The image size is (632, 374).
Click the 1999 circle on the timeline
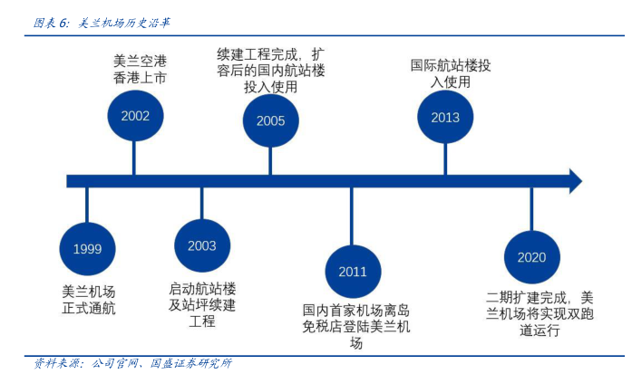[88, 248]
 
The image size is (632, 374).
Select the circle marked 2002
[135, 115]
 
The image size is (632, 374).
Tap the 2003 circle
[202, 245]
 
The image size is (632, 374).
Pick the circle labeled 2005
[270, 120]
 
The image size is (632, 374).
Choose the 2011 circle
[353, 271]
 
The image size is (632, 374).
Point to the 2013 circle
[445, 117]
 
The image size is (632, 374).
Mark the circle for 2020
[531, 256]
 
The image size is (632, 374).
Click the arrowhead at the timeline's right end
[573, 180]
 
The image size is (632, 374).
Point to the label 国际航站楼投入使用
[451, 72]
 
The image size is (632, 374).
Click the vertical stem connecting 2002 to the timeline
[134, 158]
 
